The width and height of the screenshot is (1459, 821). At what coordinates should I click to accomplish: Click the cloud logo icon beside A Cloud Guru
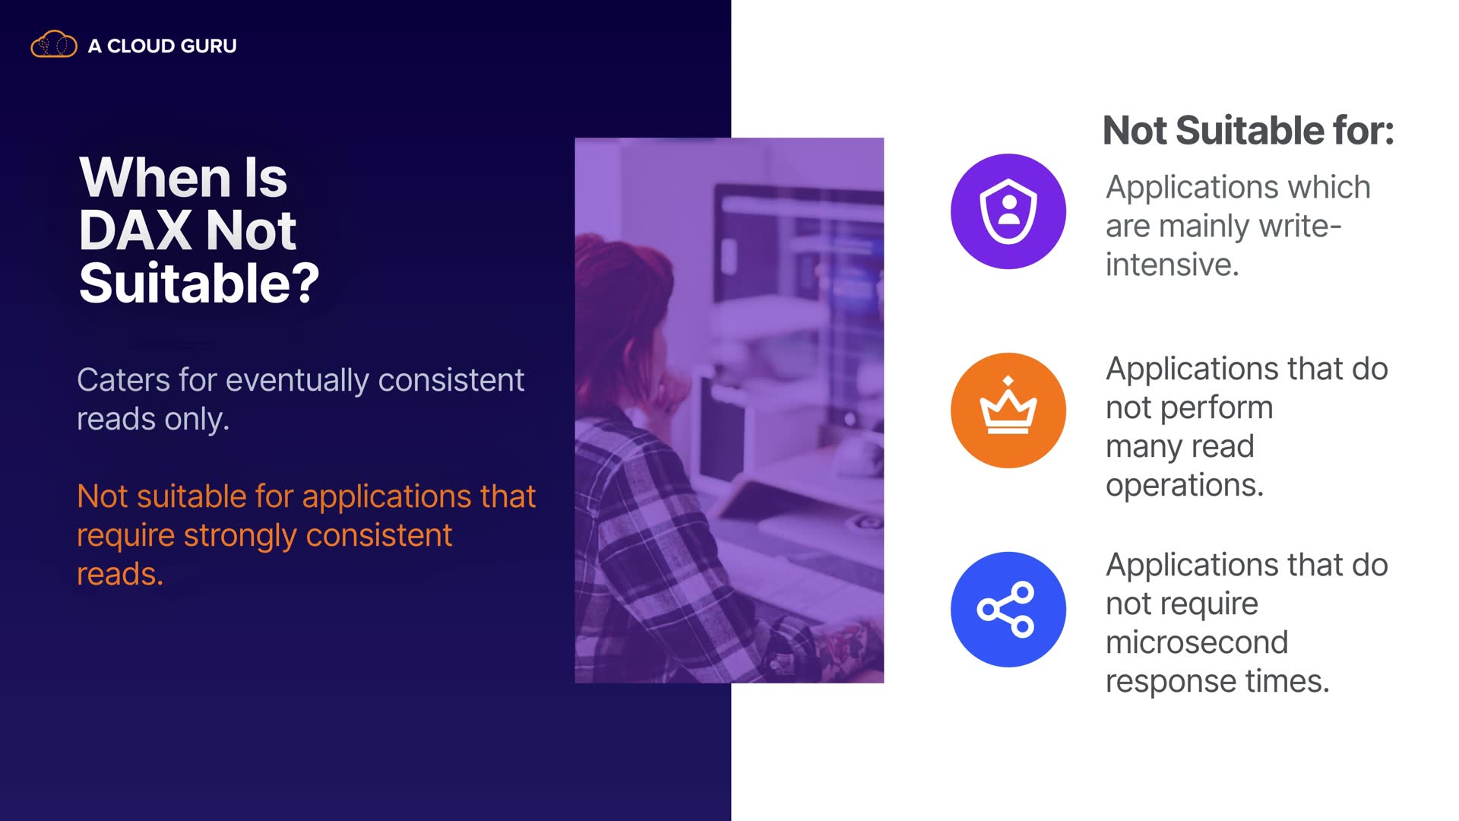53,45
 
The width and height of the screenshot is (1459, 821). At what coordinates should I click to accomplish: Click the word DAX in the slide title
135,230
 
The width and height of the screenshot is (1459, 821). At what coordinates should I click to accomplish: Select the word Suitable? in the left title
199,283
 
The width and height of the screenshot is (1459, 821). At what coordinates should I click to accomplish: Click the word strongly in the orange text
240,536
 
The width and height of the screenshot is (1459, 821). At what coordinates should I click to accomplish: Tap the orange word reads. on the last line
120,574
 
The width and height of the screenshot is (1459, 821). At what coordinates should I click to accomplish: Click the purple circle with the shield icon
1008,211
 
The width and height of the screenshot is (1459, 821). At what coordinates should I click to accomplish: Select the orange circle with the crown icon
1008,410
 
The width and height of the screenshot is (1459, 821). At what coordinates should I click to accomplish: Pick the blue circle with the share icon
1008,610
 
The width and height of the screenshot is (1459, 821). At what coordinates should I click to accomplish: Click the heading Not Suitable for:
1249,130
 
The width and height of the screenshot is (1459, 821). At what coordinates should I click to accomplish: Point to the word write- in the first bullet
1300,226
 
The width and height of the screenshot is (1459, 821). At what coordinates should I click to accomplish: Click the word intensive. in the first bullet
1173,265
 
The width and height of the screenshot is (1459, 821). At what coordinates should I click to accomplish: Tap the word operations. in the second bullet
1185,485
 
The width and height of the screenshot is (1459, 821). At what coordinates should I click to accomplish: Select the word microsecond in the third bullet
1197,642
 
